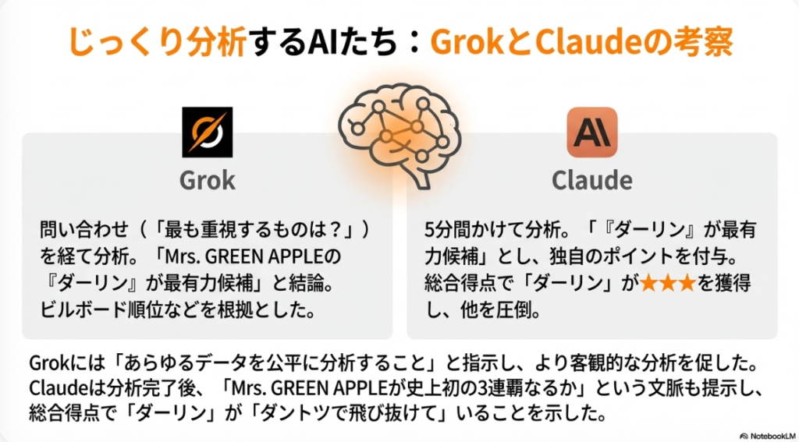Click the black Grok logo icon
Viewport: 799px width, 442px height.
(x=208, y=132)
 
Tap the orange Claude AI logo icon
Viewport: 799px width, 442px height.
(x=592, y=132)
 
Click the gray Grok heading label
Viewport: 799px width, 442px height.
(x=208, y=180)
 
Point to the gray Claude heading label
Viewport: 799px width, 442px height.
(x=592, y=180)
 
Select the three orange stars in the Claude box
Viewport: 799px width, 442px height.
(x=668, y=283)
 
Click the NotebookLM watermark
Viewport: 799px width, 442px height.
(x=769, y=437)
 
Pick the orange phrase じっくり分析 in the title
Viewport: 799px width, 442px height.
(x=158, y=42)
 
